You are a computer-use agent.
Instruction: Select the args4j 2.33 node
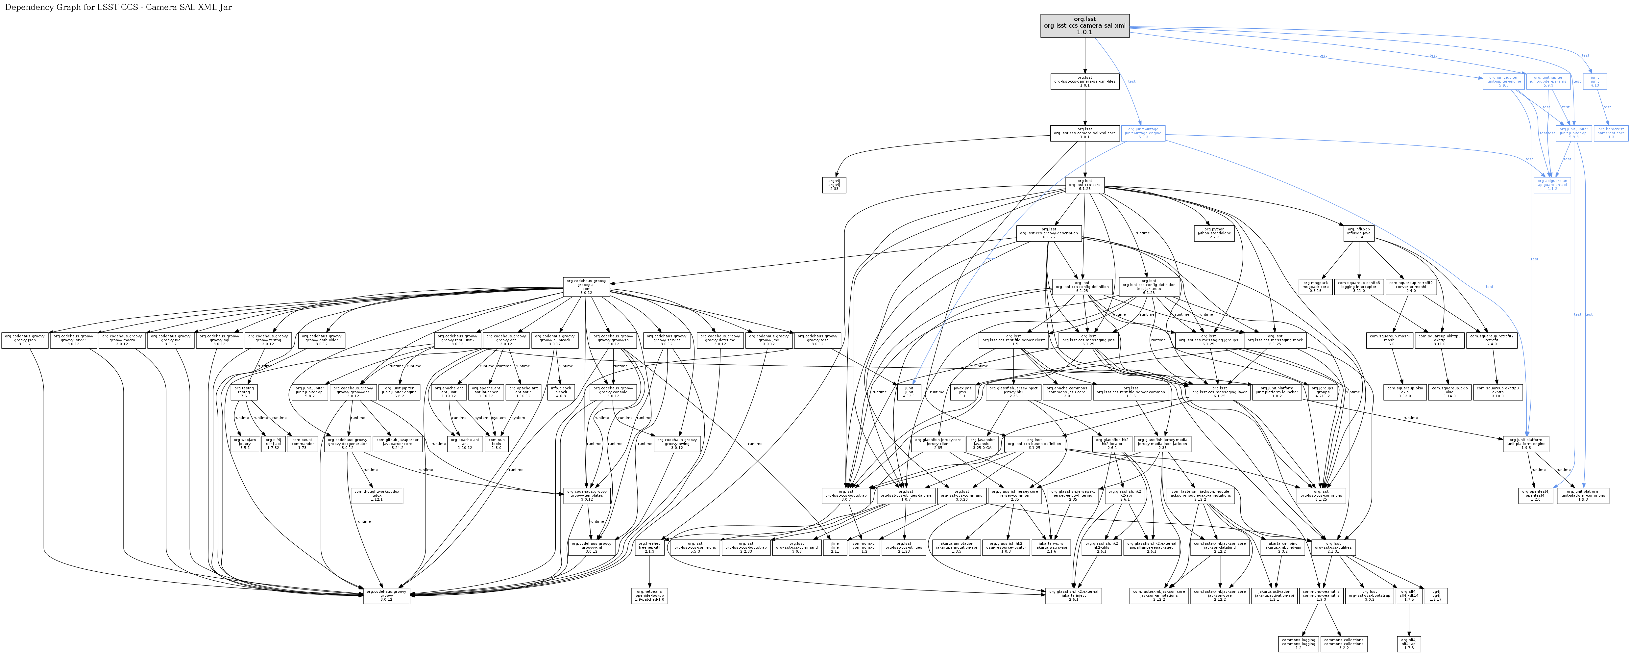click(834, 185)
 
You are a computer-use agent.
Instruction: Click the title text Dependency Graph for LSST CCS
click(118, 8)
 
